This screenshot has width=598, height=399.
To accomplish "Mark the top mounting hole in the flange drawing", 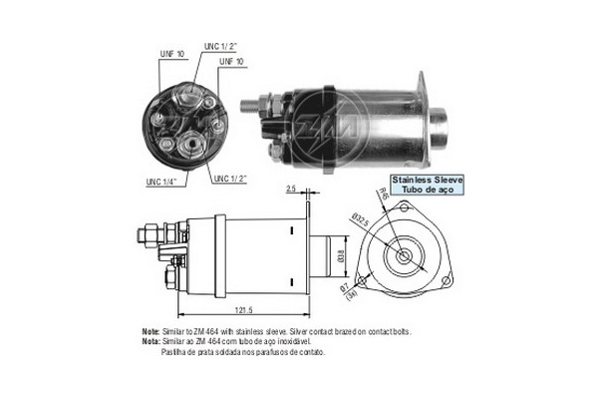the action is (x=405, y=206).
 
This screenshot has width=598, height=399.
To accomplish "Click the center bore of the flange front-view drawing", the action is (x=405, y=254).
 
